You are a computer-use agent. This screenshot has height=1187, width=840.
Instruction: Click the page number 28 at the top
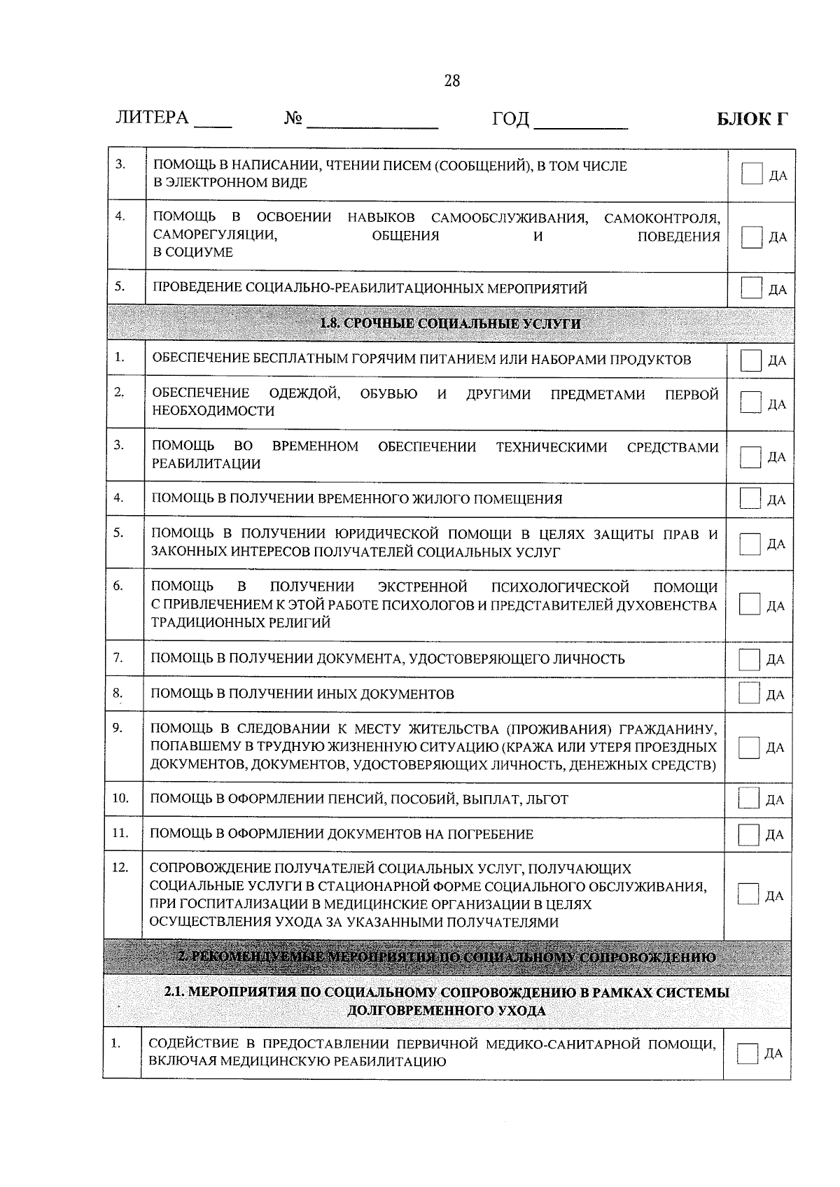452,81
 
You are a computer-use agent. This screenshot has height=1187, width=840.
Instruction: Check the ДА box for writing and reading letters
751,174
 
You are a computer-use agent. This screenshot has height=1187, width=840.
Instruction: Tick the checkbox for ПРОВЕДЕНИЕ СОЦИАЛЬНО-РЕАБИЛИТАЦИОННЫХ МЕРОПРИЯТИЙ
751,288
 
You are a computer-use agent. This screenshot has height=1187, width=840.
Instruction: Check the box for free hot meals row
751,360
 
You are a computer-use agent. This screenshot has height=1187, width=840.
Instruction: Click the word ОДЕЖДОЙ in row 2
304,394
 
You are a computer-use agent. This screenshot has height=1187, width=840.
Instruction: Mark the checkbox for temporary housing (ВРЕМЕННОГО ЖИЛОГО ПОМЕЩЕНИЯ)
750,499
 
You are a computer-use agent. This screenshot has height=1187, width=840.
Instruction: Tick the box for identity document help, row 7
750,659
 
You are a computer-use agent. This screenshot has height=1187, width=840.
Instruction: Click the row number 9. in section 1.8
118,728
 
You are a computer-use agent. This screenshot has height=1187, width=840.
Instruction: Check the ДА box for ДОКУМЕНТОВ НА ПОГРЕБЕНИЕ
749,834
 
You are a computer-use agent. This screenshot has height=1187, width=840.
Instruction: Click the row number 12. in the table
120,868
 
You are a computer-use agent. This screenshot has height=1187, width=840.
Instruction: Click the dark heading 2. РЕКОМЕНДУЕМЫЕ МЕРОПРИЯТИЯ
447,957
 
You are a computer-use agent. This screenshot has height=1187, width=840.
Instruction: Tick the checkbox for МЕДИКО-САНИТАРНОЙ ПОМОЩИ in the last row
748,1053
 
